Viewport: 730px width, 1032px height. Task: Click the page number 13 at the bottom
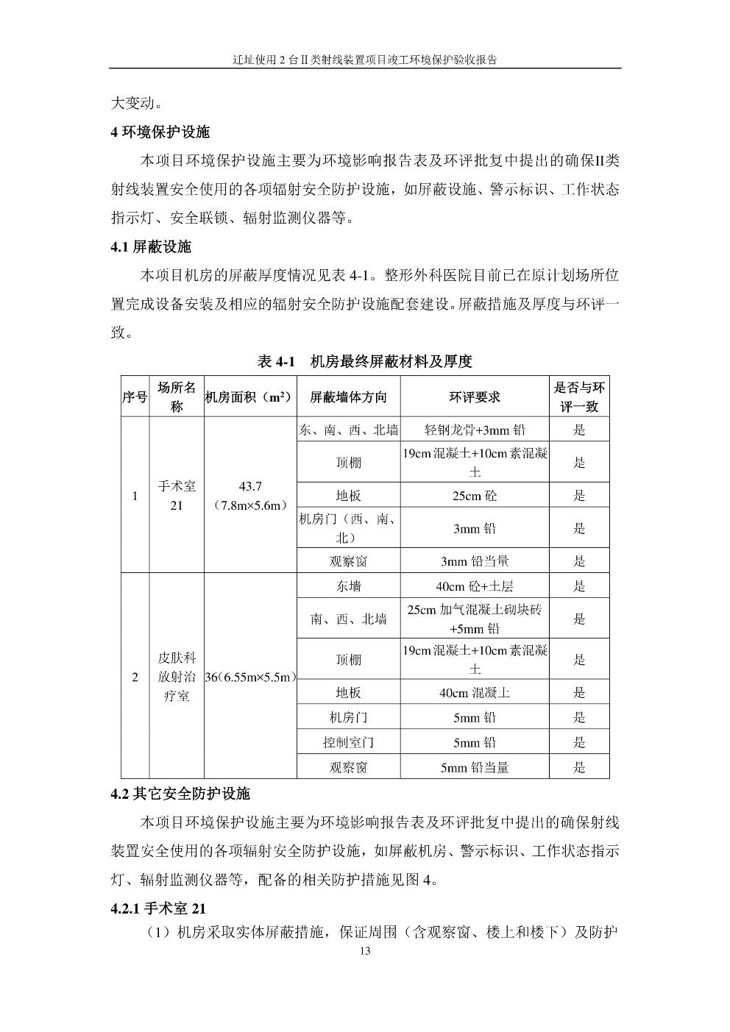365,951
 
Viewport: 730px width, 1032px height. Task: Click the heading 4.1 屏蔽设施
151,247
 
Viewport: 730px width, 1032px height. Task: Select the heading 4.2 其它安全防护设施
180,794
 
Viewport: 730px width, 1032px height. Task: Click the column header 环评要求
475,396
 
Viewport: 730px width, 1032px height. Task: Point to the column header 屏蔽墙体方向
348,396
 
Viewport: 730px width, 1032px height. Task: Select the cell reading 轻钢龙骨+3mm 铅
475,430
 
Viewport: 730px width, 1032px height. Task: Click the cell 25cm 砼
475,495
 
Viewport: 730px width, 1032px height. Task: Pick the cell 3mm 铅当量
475,561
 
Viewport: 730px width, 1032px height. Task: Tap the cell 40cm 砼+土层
475,586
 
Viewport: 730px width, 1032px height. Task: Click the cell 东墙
348,586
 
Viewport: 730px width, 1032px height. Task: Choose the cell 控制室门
348,742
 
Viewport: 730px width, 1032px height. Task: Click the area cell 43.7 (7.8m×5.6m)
250,496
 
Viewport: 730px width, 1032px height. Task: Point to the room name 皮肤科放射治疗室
177,676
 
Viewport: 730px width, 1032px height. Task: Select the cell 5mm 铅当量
475,767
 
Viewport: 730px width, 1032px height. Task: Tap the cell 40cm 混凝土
475,692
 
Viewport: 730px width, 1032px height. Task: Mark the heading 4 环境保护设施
160,132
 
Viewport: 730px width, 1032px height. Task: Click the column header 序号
135,396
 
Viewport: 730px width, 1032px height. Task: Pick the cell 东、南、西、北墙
348,430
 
